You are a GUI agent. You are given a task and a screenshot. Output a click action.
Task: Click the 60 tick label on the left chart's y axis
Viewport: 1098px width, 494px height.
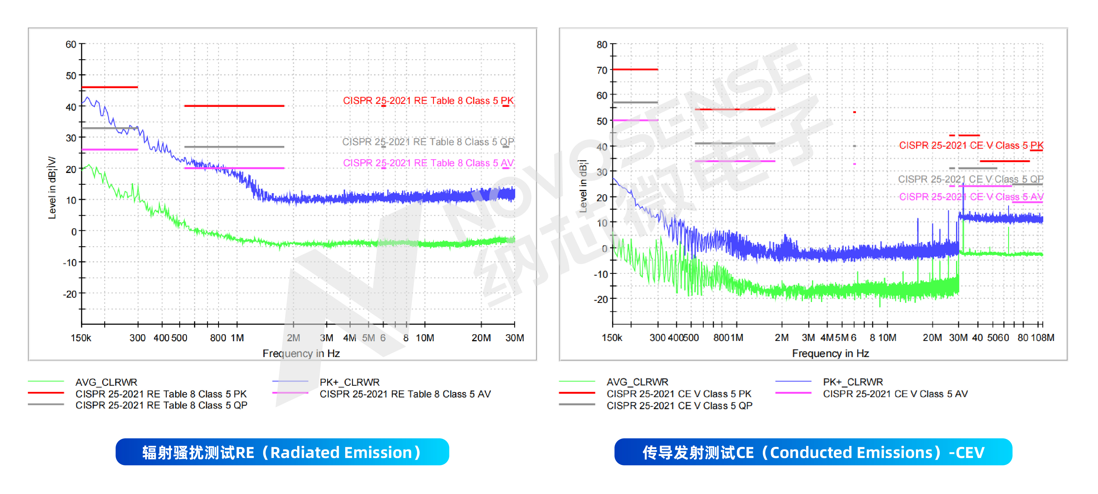click(71, 44)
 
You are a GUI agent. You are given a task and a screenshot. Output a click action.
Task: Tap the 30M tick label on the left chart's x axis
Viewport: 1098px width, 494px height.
click(515, 338)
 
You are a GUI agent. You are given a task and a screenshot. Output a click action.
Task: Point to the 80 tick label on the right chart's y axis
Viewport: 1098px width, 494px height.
click(602, 44)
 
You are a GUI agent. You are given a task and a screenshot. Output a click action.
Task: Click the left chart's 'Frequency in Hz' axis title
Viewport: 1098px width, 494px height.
click(301, 353)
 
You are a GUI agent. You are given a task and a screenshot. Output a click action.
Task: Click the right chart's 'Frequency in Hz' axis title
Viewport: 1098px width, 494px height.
click(830, 353)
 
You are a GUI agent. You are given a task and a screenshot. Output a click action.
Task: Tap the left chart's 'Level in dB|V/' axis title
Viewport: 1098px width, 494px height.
click(52, 188)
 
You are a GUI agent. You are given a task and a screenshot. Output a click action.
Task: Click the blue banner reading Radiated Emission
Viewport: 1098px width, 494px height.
click(282, 452)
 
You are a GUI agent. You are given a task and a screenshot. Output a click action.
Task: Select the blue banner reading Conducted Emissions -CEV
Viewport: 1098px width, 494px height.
click(813, 452)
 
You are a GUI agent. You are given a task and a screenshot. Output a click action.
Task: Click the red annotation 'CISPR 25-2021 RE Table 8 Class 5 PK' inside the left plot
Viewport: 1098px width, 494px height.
click(428, 101)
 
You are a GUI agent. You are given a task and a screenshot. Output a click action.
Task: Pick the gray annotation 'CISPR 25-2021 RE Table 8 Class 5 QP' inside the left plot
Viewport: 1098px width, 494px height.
click(428, 142)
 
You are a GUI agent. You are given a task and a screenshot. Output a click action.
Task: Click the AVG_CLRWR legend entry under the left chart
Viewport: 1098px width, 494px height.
click(106, 382)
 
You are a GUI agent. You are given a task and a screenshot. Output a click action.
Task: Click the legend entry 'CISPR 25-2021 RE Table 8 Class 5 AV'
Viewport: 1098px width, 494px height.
click(405, 394)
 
